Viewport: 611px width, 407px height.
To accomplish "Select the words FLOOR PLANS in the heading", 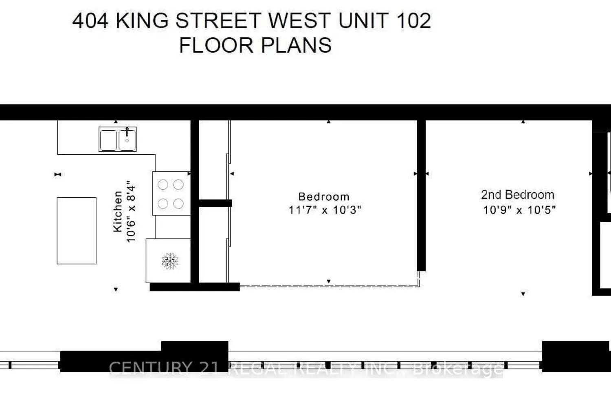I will [x=255, y=45].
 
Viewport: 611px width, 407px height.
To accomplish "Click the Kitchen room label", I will [x=118, y=212].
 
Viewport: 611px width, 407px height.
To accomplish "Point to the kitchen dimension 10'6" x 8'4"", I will [x=131, y=212].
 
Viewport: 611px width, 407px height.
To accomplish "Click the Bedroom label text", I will [x=324, y=197].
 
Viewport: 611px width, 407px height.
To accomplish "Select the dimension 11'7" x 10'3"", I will [x=325, y=210].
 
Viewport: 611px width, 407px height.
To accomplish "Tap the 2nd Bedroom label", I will [x=517, y=195].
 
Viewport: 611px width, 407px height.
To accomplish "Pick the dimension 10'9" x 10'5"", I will [x=519, y=210].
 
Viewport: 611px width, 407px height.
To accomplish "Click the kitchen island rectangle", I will [x=77, y=230].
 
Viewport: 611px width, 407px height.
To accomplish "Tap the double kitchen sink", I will [x=118, y=139].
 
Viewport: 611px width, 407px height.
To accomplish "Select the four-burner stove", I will [x=171, y=193].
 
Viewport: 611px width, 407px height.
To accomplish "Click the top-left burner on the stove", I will [x=163, y=185].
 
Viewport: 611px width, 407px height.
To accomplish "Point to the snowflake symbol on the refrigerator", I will [x=170, y=261].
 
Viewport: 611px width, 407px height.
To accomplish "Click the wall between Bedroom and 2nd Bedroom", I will [x=422, y=195].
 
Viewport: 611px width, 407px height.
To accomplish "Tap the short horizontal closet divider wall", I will [x=215, y=203].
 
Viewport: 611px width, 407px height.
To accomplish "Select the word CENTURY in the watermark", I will [x=150, y=368].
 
